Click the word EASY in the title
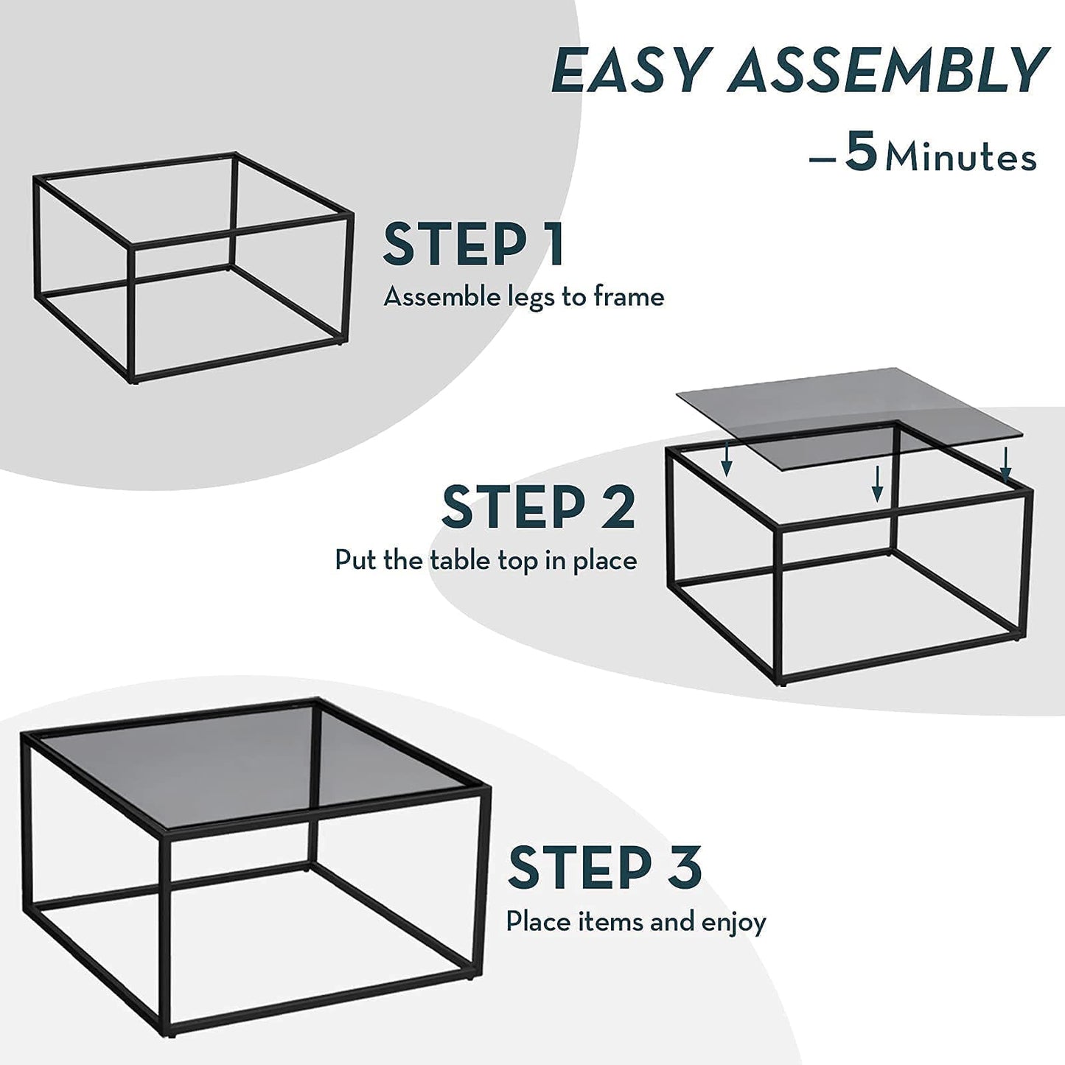629,71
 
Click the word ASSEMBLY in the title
888,71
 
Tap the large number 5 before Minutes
860,152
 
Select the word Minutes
961,158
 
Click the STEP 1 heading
473,245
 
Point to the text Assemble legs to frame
523,297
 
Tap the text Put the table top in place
486,560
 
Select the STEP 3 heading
604,867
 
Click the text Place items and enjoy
635,922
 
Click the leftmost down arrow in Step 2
727,462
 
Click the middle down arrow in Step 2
876,483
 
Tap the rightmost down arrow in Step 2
1006,464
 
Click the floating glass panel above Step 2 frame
848,402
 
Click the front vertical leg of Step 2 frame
778,604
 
